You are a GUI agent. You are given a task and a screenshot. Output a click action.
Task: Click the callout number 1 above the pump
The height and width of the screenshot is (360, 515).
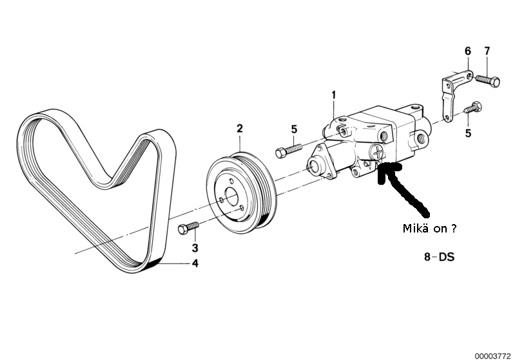[334, 96]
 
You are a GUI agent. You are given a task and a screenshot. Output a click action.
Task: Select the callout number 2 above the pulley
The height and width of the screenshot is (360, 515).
[240, 129]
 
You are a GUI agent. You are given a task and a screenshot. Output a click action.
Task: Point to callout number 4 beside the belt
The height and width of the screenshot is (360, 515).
[194, 263]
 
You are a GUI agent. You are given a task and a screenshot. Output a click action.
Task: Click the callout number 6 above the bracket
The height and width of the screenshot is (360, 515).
[468, 51]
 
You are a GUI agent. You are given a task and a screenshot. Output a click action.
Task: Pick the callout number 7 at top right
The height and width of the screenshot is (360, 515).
[487, 51]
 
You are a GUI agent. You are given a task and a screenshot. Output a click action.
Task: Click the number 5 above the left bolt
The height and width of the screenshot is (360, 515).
[294, 129]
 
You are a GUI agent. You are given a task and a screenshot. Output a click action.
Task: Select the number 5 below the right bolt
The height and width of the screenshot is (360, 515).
[468, 134]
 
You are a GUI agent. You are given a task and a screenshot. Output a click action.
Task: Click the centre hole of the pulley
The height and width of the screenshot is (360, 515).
[231, 196]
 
